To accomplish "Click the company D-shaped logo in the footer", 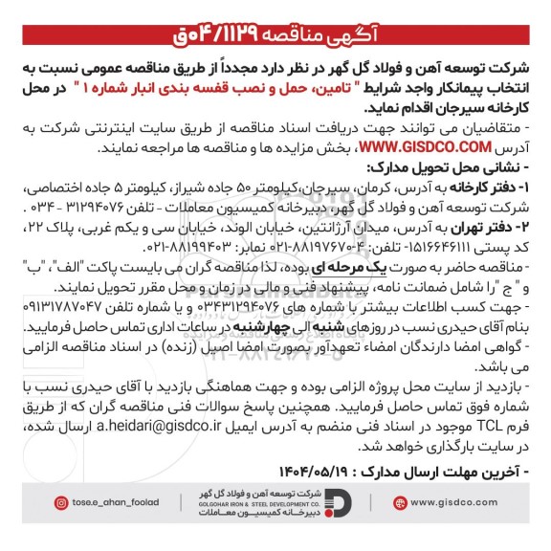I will pos(343,503).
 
